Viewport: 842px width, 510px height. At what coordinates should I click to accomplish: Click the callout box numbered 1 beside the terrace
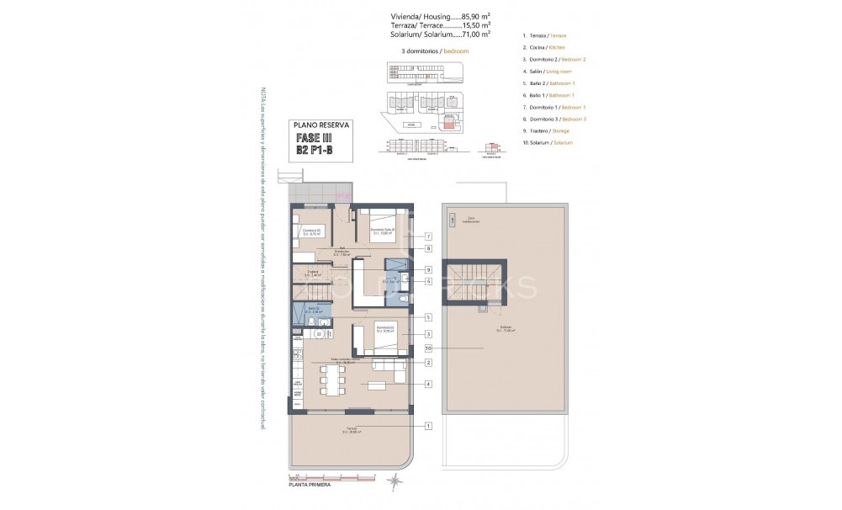[x=429, y=427]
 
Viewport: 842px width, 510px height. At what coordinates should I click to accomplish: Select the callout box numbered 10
[x=429, y=348]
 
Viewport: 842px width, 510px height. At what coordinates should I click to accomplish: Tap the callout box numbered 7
[x=429, y=236]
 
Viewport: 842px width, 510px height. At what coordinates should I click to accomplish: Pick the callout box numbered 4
[x=429, y=385]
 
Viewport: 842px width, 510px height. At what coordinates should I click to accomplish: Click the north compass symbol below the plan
[x=395, y=481]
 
